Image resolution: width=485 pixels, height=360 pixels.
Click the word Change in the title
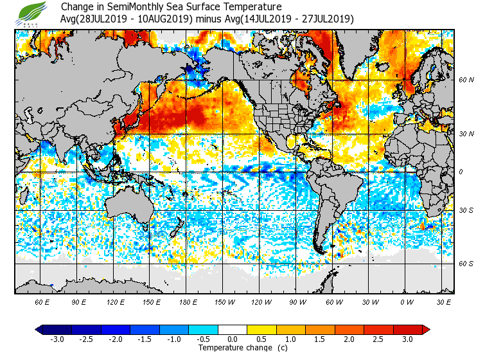click(76, 7)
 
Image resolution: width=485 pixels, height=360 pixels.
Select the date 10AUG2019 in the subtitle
click(164, 19)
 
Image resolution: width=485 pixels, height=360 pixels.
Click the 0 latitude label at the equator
click(460, 172)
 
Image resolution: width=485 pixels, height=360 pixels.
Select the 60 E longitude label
click(42, 301)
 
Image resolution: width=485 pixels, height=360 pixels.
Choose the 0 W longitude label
click(406, 301)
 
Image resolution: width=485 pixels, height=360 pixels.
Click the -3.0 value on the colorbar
click(57, 339)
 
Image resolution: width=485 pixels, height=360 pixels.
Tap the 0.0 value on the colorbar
click(233, 339)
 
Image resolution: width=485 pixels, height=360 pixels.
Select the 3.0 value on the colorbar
click(407, 339)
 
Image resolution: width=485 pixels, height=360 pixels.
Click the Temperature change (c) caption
click(233, 348)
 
